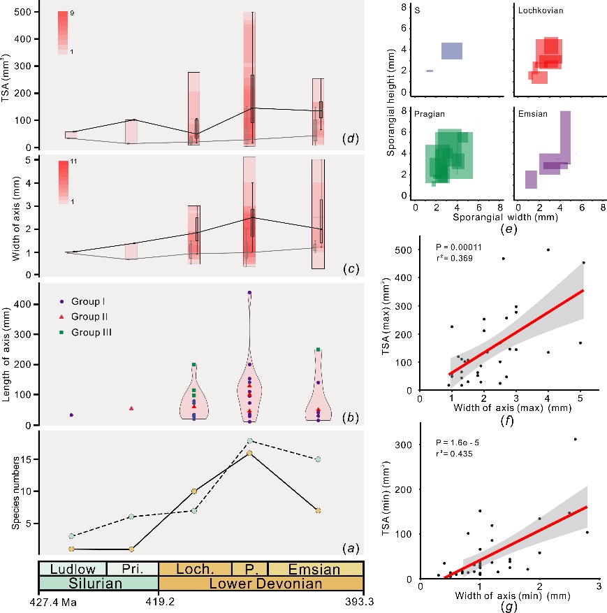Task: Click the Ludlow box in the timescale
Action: (x=72, y=568)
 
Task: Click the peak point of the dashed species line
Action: (x=249, y=441)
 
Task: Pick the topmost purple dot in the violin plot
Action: (x=249, y=293)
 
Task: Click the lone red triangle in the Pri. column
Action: (x=131, y=408)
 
